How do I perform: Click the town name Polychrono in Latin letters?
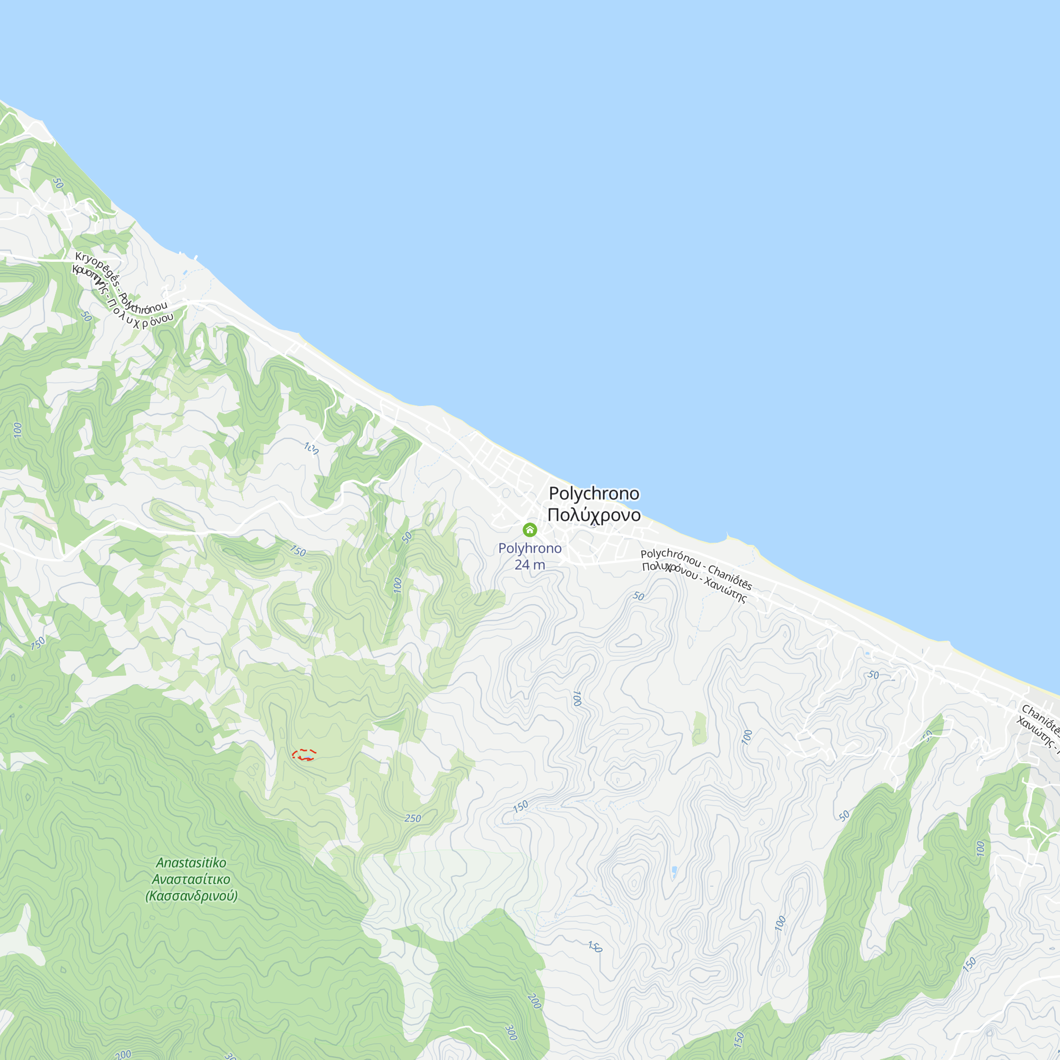(594, 493)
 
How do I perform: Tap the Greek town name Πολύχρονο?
(594, 515)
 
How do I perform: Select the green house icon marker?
(529, 529)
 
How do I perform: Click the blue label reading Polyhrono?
(529, 548)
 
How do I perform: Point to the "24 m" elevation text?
(529, 564)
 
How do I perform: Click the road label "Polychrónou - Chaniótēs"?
(696, 569)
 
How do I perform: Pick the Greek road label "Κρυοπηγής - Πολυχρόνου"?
(122, 296)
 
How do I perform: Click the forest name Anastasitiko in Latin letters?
(191, 862)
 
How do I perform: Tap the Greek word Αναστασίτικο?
(191, 879)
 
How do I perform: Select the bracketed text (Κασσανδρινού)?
(191, 896)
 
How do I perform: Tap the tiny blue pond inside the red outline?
(308, 758)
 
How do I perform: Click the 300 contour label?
(511, 1032)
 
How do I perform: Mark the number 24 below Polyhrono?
(521, 564)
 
